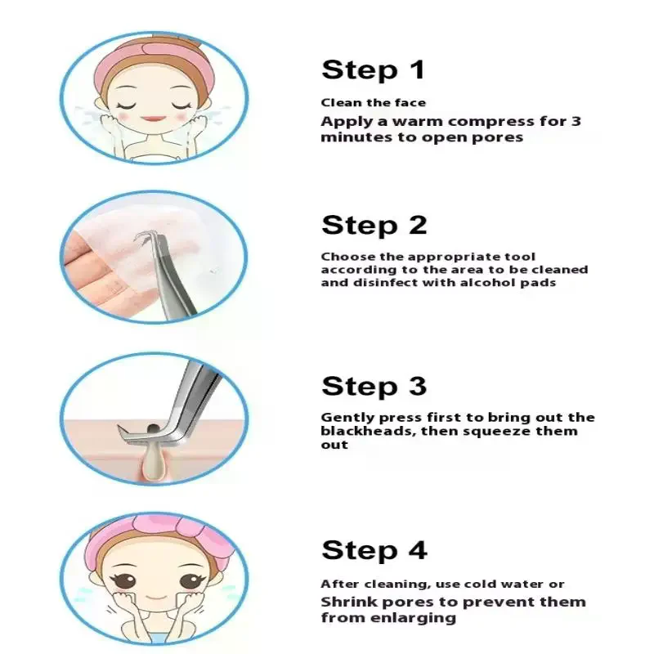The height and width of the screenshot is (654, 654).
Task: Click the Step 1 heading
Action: point(374,70)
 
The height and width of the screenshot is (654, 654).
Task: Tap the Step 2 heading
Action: point(374,225)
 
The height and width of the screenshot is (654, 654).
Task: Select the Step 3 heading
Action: point(374,386)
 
